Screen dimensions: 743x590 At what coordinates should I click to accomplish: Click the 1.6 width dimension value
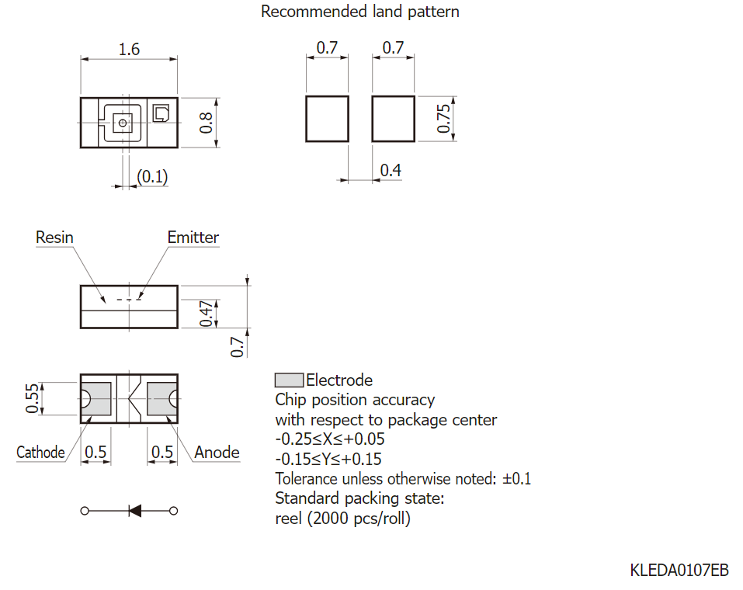(x=129, y=49)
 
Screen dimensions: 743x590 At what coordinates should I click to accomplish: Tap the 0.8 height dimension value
(x=206, y=123)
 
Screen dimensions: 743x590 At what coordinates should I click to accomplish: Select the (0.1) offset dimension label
(x=152, y=177)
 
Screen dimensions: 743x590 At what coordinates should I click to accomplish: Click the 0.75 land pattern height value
(x=443, y=119)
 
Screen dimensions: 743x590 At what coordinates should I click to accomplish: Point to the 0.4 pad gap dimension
(x=391, y=170)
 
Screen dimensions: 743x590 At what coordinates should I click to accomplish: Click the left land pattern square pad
(x=327, y=119)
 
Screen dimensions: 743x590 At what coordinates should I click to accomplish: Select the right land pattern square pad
(x=394, y=119)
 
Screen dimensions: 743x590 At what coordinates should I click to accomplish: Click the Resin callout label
(x=54, y=238)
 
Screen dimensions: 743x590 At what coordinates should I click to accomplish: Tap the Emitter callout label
(x=193, y=238)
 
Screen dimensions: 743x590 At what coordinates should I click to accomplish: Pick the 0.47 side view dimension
(x=206, y=314)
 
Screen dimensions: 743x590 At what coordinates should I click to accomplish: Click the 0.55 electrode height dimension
(x=32, y=399)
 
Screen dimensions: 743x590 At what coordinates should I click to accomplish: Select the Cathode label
(x=40, y=453)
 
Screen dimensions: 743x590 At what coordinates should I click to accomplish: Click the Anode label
(x=217, y=453)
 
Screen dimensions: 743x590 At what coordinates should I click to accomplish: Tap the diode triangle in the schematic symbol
(x=136, y=511)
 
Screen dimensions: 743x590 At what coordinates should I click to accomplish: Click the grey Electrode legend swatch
(x=289, y=380)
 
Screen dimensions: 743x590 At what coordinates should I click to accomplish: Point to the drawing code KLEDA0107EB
(x=679, y=570)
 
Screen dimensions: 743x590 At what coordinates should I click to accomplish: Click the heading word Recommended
(x=314, y=12)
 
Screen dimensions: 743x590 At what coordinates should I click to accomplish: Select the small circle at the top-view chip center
(x=123, y=123)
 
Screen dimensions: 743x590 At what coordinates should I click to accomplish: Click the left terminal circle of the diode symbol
(x=85, y=511)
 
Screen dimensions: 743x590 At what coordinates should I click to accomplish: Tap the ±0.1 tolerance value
(x=516, y=479)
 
